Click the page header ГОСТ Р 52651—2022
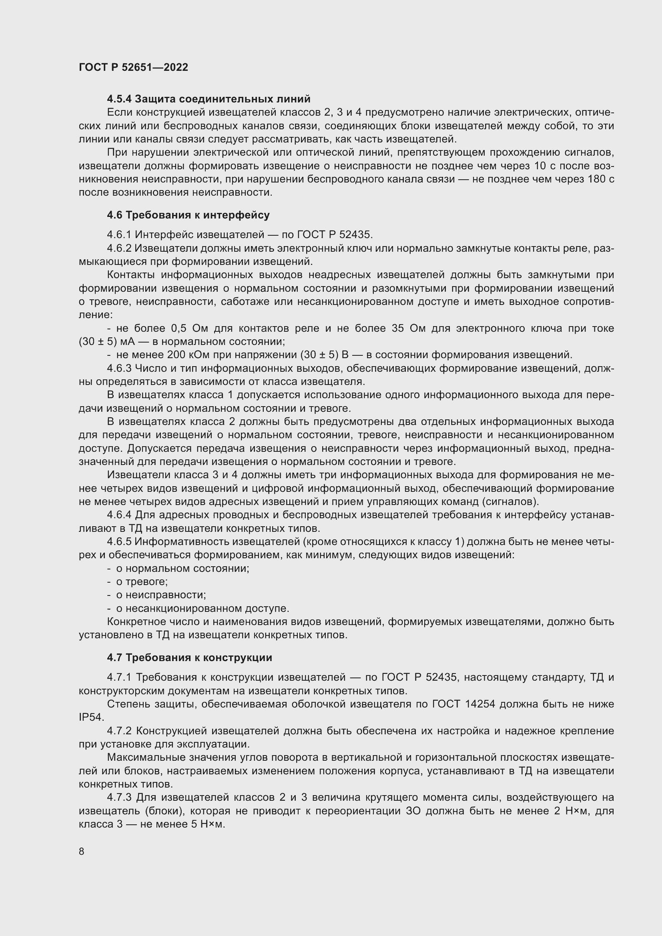click(133, 67)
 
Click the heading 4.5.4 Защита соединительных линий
click(208, 99)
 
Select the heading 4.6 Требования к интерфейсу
click(188, 215)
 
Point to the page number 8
click(82, 852)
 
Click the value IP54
click(91, 717)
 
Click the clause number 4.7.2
click(119, 731)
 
